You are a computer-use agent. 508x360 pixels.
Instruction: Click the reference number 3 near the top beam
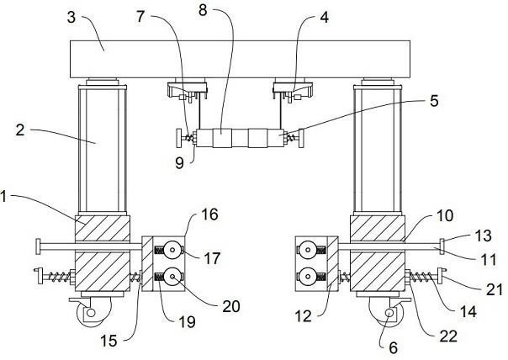[x=71, y=17]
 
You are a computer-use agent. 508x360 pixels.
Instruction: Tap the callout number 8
[x=203, y=10]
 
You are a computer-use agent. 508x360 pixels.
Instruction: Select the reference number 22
[x=448, y=336]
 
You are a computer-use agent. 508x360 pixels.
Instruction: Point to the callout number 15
[x=108, y=341]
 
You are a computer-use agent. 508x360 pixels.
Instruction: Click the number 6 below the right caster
[x=393, y=348]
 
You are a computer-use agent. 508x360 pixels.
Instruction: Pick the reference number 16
[x=209, y=214]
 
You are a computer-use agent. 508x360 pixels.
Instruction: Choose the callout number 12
[x=304, y=316]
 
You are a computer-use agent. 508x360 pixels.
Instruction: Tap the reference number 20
[x=231, y=306]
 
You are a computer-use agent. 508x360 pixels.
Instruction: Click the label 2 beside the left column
[x=20, y=130]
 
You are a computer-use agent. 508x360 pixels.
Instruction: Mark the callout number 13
[x=483, y=236]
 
